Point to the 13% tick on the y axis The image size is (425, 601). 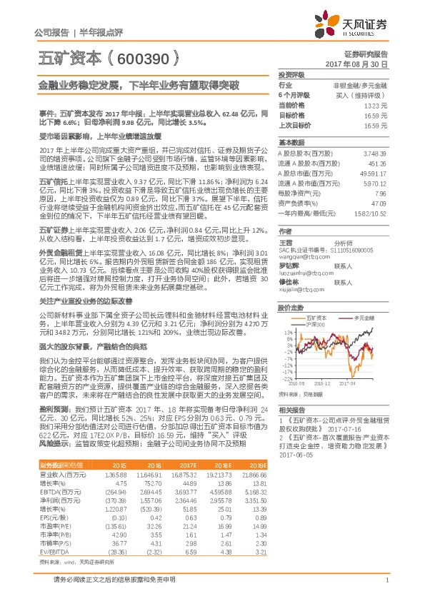pyautogui.click(x=289, y=333)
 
